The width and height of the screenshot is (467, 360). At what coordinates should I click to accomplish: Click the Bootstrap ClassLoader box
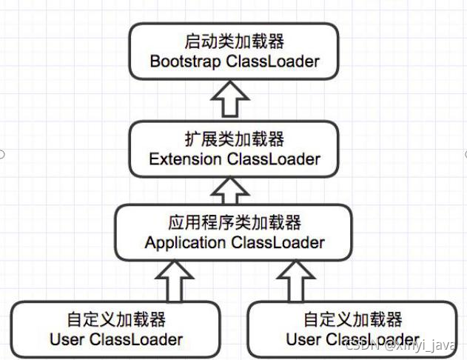click(x=234, y=50)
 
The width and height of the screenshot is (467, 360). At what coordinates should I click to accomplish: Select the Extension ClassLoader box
click(x=234, y=149)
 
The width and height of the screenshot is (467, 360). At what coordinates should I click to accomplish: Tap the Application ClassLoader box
click(x=234, y=233)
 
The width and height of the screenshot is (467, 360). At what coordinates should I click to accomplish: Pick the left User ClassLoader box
click(x=115, y=330)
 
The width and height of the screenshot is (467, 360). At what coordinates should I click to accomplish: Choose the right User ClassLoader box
click(x=352, y=330)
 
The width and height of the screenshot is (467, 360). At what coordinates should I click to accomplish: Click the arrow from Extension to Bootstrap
click(x=234, y=99)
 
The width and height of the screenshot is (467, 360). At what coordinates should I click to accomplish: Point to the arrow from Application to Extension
click(x=234, y=191)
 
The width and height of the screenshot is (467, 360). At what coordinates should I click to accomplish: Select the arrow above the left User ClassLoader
click(x=175, y=279)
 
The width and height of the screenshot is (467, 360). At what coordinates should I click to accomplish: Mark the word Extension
click(x=185, y=159)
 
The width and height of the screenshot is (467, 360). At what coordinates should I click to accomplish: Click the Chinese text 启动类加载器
click(x=234, y=41)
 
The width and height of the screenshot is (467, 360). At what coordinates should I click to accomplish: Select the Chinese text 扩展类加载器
click(x=234, y=139)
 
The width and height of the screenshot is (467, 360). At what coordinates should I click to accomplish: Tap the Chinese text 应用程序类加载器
click(x=234, y=222)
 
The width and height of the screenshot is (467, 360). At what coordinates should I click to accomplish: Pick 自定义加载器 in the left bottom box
click(x=115, y=320)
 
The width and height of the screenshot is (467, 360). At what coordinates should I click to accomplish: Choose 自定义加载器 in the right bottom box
click(x=352, y=320)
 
